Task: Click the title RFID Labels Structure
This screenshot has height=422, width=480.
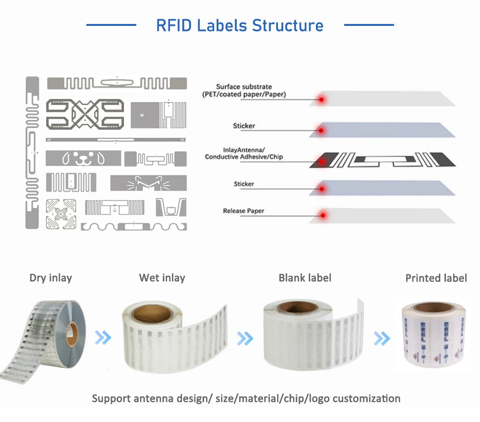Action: [240, 25]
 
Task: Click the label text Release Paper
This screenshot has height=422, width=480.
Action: [243, 211]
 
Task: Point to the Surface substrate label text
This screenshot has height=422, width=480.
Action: [244, 91]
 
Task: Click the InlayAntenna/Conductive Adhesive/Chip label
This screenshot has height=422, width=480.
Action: [244, 153]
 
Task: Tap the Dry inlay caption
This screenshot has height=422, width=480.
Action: [50, 278]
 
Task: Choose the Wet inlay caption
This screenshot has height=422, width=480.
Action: [162, 278]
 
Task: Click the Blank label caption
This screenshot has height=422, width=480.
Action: [305, 278]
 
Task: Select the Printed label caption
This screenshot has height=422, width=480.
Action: [436, 278]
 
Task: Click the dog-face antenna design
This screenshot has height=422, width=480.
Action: [84, 158]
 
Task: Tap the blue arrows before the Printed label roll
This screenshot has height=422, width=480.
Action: [382, 339]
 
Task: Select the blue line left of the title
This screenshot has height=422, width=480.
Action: [111, 25]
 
